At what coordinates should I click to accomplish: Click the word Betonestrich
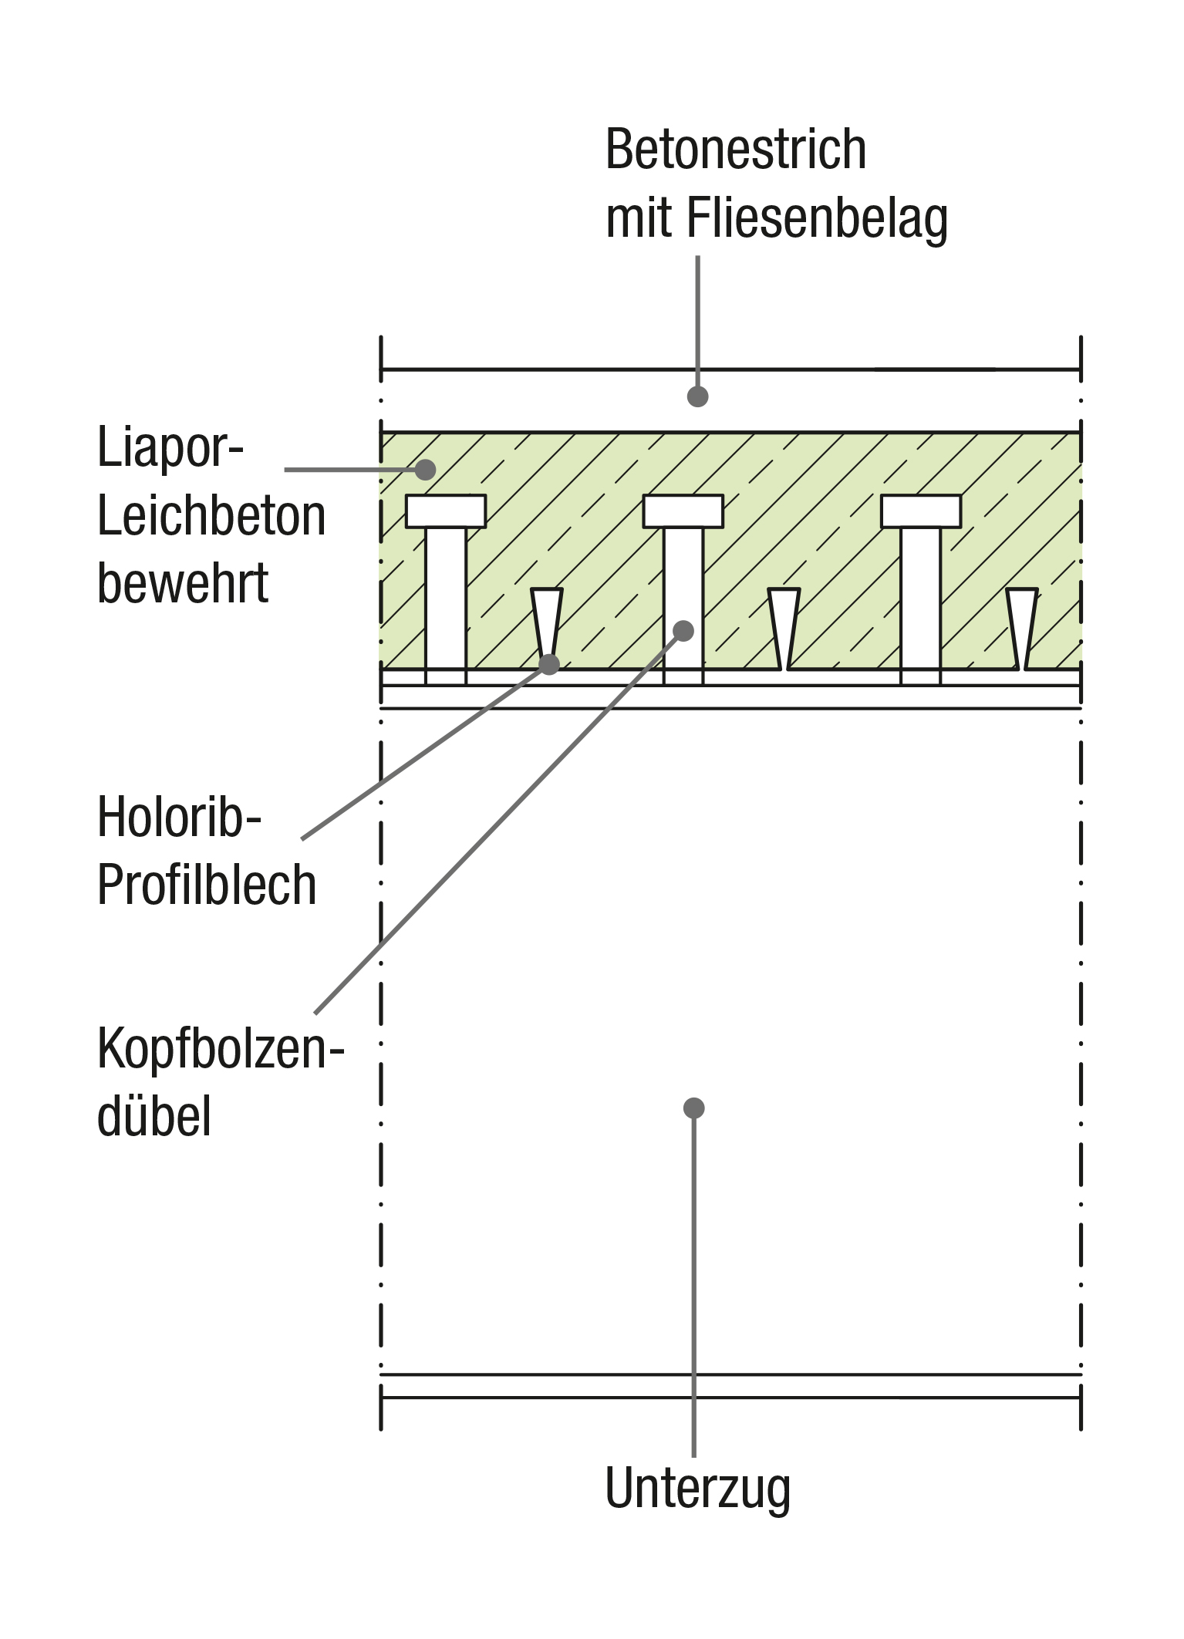[x=735, y=150]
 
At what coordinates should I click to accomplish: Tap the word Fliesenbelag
[x=817, y=219]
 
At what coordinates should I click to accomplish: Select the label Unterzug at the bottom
[x=697, y=1489]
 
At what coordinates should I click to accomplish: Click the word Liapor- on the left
[x=170, y=448]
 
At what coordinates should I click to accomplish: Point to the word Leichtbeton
[x=211, y=516]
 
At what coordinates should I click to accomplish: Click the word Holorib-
[x=179, y=817]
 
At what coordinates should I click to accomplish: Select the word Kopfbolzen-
[x=220, y=1050]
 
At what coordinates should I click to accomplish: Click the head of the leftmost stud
[x=446, y=511]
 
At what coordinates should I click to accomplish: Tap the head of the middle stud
[x=683, y=511]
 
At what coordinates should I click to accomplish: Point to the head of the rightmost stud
[x=920, y=511]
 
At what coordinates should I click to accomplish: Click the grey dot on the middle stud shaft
[x=683, y=631]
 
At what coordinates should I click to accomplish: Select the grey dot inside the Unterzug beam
[x=693, y=1108]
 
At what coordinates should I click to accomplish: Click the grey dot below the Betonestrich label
[x=697, y=396]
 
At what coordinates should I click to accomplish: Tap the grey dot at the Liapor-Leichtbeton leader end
[x=425, y=469]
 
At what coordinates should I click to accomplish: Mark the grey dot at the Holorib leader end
[x=548, y=664]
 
